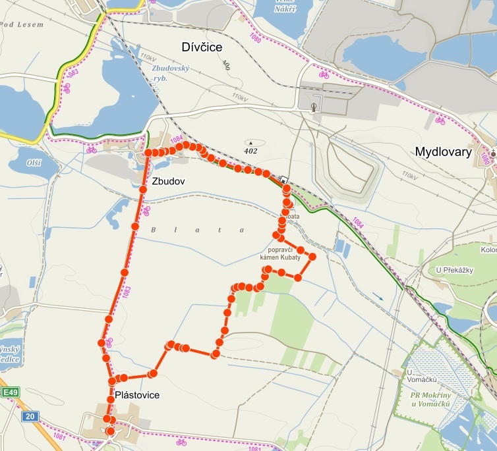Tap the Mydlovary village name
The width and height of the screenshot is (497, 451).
point(444,152)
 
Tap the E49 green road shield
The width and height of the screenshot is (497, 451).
point(9,393)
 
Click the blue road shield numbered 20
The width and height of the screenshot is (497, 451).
point(30,417)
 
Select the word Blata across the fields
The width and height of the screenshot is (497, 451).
point(198,230)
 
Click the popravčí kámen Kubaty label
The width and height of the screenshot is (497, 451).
point(285,254)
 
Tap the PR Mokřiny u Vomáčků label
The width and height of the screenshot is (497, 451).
point(430,399)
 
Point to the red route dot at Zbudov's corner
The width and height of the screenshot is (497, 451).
point(148,153)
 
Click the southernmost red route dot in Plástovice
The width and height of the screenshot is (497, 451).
point(110,431)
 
